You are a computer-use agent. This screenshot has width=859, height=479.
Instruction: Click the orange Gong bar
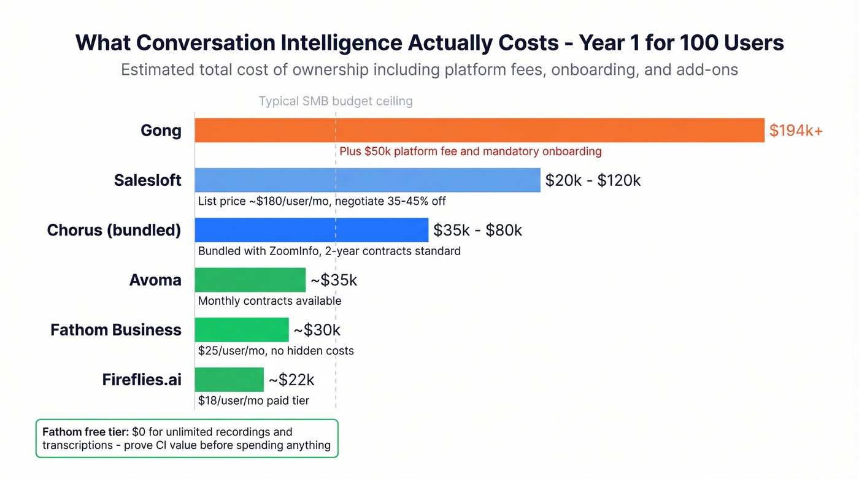[479, 130]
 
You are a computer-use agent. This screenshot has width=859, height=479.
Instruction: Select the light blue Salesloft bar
[368, 180]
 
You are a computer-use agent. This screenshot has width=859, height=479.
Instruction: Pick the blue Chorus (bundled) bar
[311, 230]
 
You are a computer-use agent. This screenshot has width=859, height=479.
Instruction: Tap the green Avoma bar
[250, 280]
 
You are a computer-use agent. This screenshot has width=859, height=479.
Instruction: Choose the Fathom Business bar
[241, 330]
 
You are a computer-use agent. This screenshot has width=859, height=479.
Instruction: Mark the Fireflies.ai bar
[229, 380]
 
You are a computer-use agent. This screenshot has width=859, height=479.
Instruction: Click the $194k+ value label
[796, 130]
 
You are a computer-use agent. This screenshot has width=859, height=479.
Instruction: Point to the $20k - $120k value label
[593, 180]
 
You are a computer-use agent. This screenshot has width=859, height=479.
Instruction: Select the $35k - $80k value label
[477, 230]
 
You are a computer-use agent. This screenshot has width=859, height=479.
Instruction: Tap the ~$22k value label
[291, 380]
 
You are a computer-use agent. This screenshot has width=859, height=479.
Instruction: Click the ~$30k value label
[317, 330]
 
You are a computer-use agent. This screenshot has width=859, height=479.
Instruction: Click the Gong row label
[161, 131]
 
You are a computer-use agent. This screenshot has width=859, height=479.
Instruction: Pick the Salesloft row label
[147, 180]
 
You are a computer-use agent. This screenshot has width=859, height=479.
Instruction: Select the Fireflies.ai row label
[142, 380]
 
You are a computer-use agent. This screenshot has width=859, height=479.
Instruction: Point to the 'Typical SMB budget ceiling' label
[336, 101]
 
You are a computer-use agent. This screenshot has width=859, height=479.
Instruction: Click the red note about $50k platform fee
[470, 151]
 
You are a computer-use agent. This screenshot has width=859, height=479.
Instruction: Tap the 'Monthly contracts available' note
[269, 301]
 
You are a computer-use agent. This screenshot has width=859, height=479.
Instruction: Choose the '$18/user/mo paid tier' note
[253, 400]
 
